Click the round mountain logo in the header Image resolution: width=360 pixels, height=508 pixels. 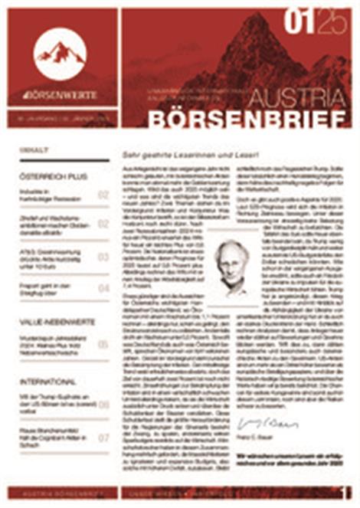tap(60, 53)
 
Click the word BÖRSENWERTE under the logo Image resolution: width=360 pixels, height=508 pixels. tap(61, 94)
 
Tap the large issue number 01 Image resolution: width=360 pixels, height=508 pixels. tap(299, 24)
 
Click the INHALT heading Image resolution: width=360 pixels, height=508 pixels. tap(35, 150)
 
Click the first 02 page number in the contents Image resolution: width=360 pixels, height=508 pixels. tap(103, 195)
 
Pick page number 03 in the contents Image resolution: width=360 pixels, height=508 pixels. tap(103, 257)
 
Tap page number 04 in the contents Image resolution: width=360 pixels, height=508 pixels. tap(103, 288)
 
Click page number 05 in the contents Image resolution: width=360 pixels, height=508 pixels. tap(103, 345)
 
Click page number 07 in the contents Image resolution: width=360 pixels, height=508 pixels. tap(103, 438)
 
